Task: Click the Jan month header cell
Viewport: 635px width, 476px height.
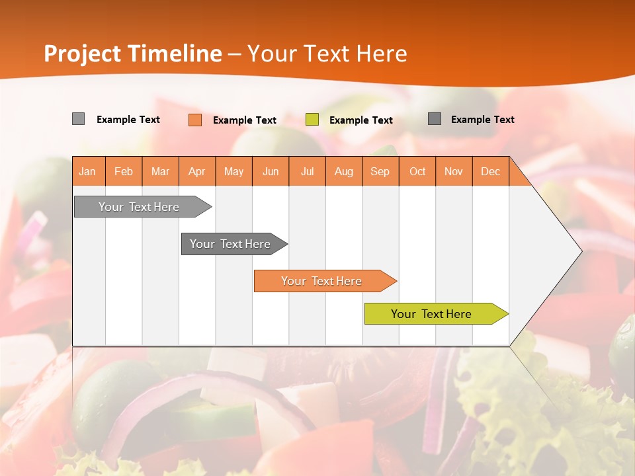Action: pyautogui.click(x=88, y=171)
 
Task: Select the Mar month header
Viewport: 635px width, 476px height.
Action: pyautogui.click(x=160, y=171)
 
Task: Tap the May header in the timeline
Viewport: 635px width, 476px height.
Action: pyautogui.click(x=233, y=171)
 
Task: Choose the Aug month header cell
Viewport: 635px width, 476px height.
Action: pyautogui.click(x=343, y=171)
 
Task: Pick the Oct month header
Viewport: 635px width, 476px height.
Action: pyautogui.click(x=417, y=171)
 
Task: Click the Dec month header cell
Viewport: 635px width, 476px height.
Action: pyautogui.click(x=490, y=171)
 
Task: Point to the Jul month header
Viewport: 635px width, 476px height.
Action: pyautogui.click(x=307, y=171)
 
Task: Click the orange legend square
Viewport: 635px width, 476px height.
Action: pyautogui.click(x=195, y=120)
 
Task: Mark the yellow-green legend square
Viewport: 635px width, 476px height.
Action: pyautogui.click(x=312, y=120)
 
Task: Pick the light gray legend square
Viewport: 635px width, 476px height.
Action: pyautogui.click(x=78, y=119)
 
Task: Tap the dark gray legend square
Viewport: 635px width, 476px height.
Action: pyautogui.click(x=435, y=119)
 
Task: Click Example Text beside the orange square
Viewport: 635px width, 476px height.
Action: pyautogui.click(x=244, y=120)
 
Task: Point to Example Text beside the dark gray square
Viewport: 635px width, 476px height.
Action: pyautogui.click(x=482, y=120)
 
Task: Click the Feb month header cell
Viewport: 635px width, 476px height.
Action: pyautogui.click(x=124, y=171)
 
